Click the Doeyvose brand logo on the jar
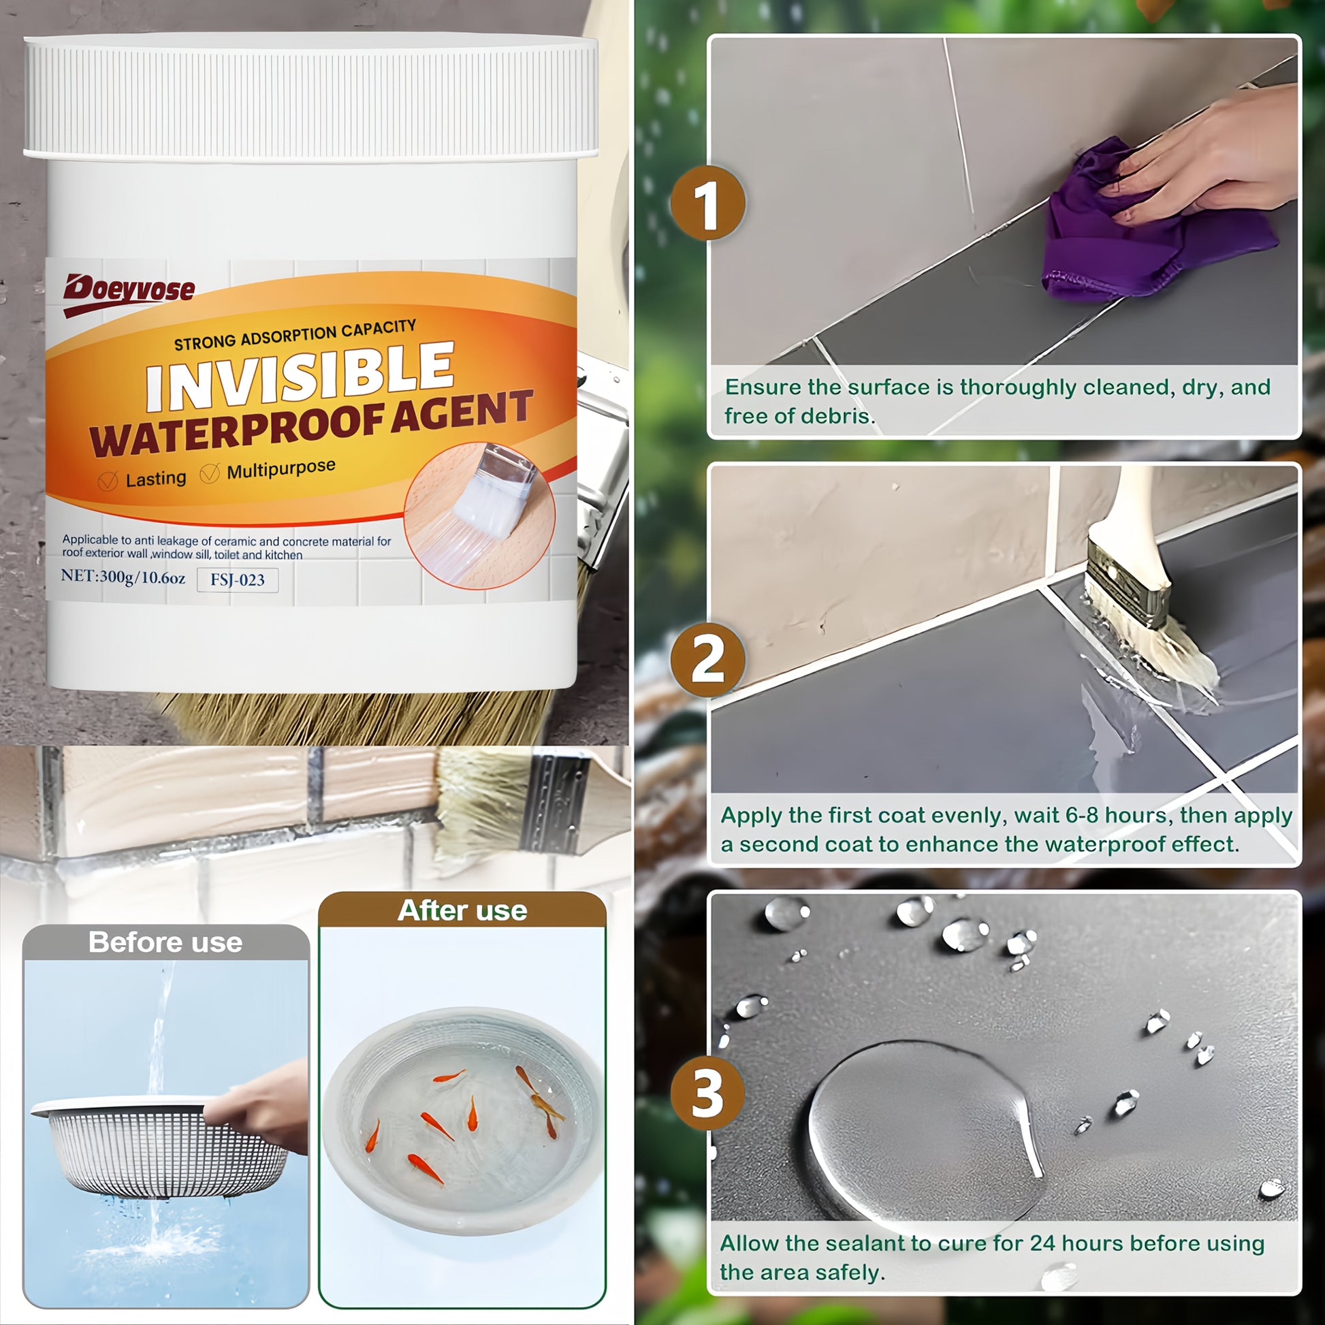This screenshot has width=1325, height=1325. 129,293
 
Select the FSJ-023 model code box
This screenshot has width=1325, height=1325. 238,579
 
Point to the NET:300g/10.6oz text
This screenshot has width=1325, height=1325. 123,576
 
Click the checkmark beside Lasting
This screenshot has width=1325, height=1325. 108,481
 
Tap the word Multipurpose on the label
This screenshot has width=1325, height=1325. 281,470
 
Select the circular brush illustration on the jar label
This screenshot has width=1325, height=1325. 479,515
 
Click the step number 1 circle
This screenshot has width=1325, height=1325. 707,203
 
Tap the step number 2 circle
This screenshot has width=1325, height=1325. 707,660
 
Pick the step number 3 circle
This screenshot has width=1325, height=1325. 707,1093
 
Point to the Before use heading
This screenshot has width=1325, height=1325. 165,942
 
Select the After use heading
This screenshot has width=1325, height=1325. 462,911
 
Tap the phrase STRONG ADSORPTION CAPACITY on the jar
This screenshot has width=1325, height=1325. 295,335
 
